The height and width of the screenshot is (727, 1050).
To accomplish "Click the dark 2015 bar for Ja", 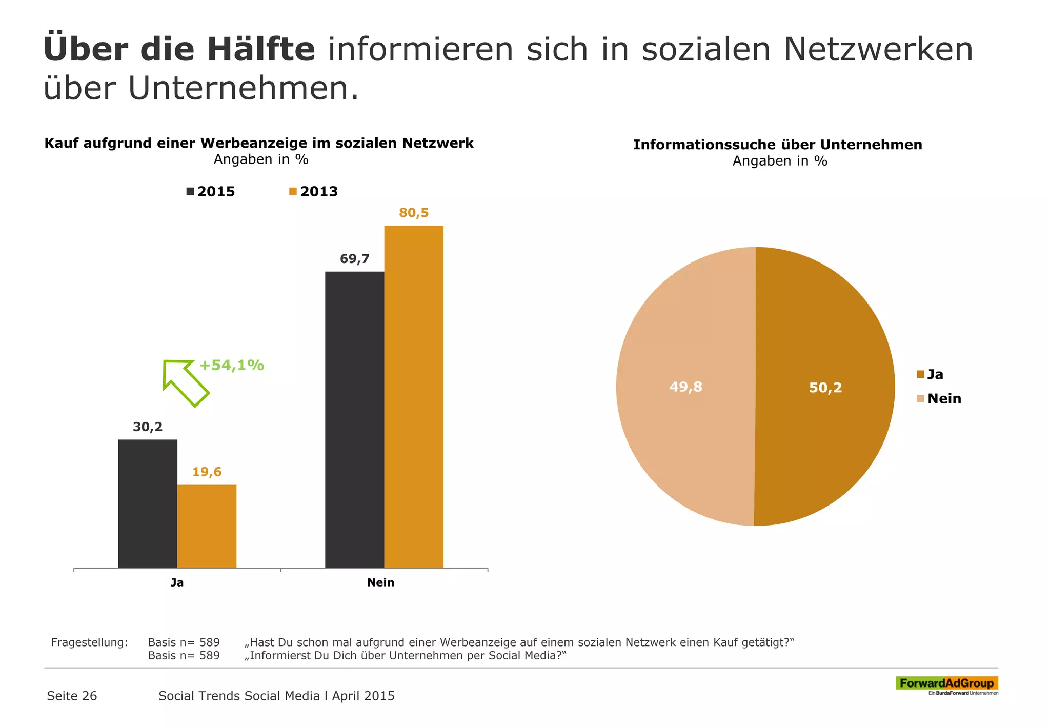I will click(148, 503).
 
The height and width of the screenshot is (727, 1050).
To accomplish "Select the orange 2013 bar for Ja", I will click(207, 526).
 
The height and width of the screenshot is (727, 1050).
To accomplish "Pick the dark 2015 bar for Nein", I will click(354, 419).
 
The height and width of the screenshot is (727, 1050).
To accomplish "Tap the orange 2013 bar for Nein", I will click(414, 396).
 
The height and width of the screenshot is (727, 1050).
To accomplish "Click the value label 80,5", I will click(414, 213).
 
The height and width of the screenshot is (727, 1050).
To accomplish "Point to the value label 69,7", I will click(354, 259).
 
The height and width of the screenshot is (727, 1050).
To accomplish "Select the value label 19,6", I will click(207, 472).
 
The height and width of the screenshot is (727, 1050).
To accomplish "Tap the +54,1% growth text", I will click(231, 365).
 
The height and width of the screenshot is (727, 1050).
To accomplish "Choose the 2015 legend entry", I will click(211, 192).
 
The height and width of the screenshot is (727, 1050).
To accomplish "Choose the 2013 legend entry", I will click(313, 192).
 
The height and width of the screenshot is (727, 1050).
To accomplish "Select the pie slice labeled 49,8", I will click(685, 387).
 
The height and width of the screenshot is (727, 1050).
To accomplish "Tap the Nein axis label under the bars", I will click(380, 582).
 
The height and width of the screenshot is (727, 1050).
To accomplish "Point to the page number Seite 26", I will click(72, 696).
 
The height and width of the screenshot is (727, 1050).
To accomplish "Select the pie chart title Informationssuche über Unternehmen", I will click(777, 145).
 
